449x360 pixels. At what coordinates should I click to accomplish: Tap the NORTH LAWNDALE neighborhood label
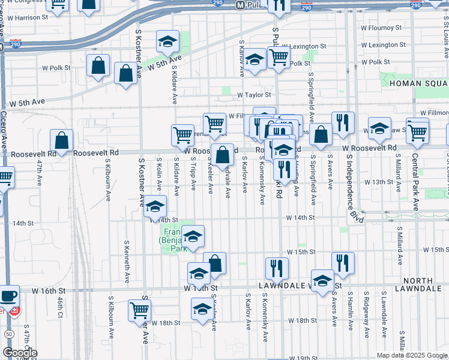pyautogui.click(x=426, y=284)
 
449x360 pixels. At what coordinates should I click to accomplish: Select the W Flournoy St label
pyautogui.click(x=384, y=27)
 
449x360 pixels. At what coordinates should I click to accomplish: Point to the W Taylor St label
pyautogui.click(x=254, y=94)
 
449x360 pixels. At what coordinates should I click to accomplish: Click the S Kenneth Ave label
pyautogui.click(x=127, y=262)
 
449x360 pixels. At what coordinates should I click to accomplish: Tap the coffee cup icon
pyautogui.click(x=8, y=296)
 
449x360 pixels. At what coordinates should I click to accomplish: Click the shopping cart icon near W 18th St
pyautogui.click(x=139, y=310)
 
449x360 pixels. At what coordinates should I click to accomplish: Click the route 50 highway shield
pyautogui.click(x=8, y=334)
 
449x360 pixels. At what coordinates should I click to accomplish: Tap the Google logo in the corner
pyautogui.click(x=20, y=353)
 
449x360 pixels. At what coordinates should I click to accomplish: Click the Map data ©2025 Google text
pyautogui.click(x=411, y=355)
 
